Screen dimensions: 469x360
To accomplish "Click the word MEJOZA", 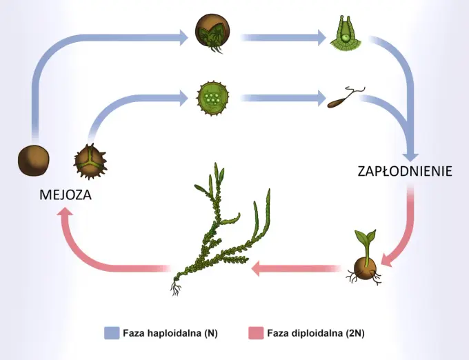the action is [x=66, y=195].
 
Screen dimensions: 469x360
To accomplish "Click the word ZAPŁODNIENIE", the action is [x=405, y=171].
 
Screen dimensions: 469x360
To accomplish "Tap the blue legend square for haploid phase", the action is [x=112, y=333].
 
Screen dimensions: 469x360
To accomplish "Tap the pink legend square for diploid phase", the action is [x=256, y=333].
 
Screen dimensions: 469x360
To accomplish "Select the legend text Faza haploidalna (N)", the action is [x=170, y=333].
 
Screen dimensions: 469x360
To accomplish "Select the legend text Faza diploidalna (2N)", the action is [x=316, y=333].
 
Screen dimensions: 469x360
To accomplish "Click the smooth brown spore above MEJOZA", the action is [x=34, y=161].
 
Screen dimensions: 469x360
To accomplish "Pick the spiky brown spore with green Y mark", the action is [x=90, y=162].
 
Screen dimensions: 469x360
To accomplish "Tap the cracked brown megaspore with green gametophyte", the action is [x=212, y=32].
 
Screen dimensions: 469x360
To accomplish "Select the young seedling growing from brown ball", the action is [x=365, y=258].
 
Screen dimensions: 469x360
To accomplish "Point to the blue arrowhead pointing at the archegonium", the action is [x=322, y=37].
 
